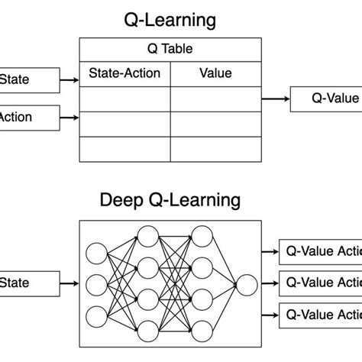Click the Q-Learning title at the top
(170, 19)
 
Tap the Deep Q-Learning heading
(170, 201)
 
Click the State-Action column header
(124, 73)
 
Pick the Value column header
(215, 73)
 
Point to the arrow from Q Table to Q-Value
(275, 99)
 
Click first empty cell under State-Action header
(124, 99)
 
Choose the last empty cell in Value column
(215, 149)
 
